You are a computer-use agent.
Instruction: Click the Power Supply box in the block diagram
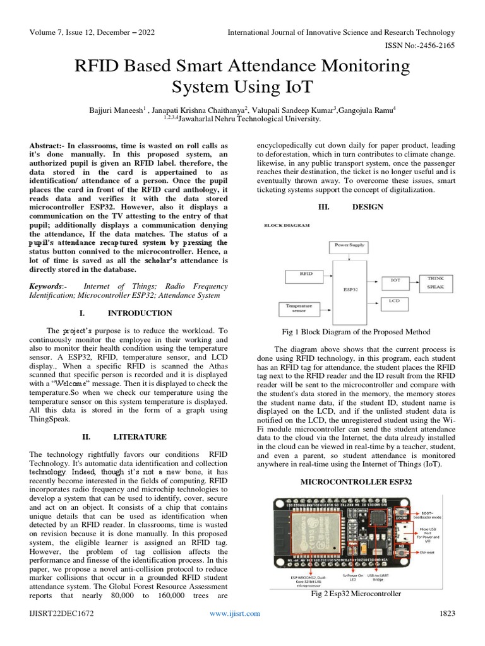click(349, 244)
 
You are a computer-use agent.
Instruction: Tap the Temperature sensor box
click(300, 308)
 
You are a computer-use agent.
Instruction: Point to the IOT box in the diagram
click(395, 279)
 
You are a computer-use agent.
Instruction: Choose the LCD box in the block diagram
click(395, 302)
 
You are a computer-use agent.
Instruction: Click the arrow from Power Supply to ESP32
click(349, 255)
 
